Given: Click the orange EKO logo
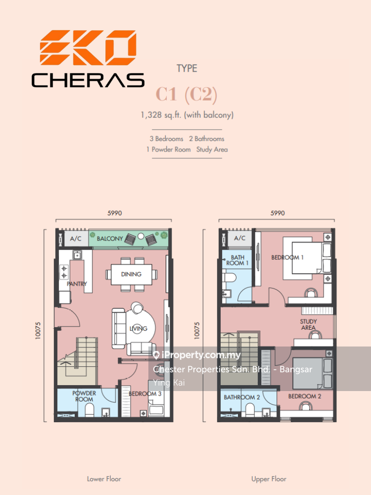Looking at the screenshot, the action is (x=88, y=48).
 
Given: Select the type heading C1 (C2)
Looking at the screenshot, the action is (x=186, y=95).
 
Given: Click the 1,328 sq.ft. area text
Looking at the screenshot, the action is (x=187, y=115).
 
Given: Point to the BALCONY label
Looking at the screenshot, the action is (x=110, y=239).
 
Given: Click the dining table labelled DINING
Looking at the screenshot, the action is (x=131, y=274).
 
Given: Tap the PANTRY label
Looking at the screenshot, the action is (x=77, y=284).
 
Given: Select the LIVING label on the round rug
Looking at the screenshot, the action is (x=139, y=329).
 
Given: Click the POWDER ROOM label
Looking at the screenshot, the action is (x=84, y=396).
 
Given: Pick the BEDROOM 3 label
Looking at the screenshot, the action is (x=145, y=394).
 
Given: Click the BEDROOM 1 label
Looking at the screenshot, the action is (x=287, y=257).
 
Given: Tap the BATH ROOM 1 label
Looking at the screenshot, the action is (x=237, y=260).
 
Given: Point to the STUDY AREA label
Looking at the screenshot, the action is (x=308, y=325).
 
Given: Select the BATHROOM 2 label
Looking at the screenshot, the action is (x=242, y=397).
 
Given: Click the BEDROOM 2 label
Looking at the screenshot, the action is (x=304, y=396).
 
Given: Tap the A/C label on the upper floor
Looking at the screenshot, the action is (x=239, y=238).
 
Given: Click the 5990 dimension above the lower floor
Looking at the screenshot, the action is (x=115, y=213).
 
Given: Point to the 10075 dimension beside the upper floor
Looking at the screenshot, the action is (x=197, y=331).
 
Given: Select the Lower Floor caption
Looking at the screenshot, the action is (x=104, y=479).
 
